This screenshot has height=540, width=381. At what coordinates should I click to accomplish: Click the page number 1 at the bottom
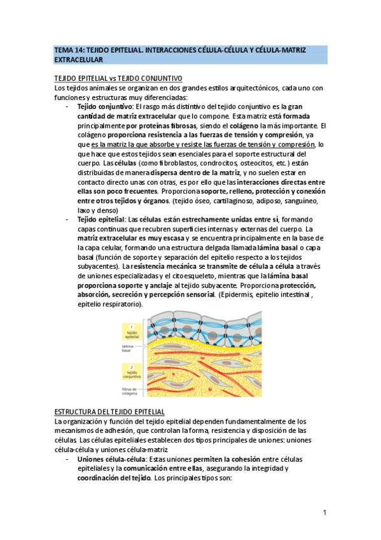click(324, 513)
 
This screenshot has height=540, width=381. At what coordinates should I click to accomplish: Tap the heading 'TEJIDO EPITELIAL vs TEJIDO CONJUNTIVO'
click(118, 78)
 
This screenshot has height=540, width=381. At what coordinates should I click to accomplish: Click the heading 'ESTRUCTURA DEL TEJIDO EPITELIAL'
click(110, 412)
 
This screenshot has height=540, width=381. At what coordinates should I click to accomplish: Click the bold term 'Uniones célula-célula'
click(113, 460)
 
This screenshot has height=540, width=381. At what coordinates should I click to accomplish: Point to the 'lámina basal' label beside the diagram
click(131, 348)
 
